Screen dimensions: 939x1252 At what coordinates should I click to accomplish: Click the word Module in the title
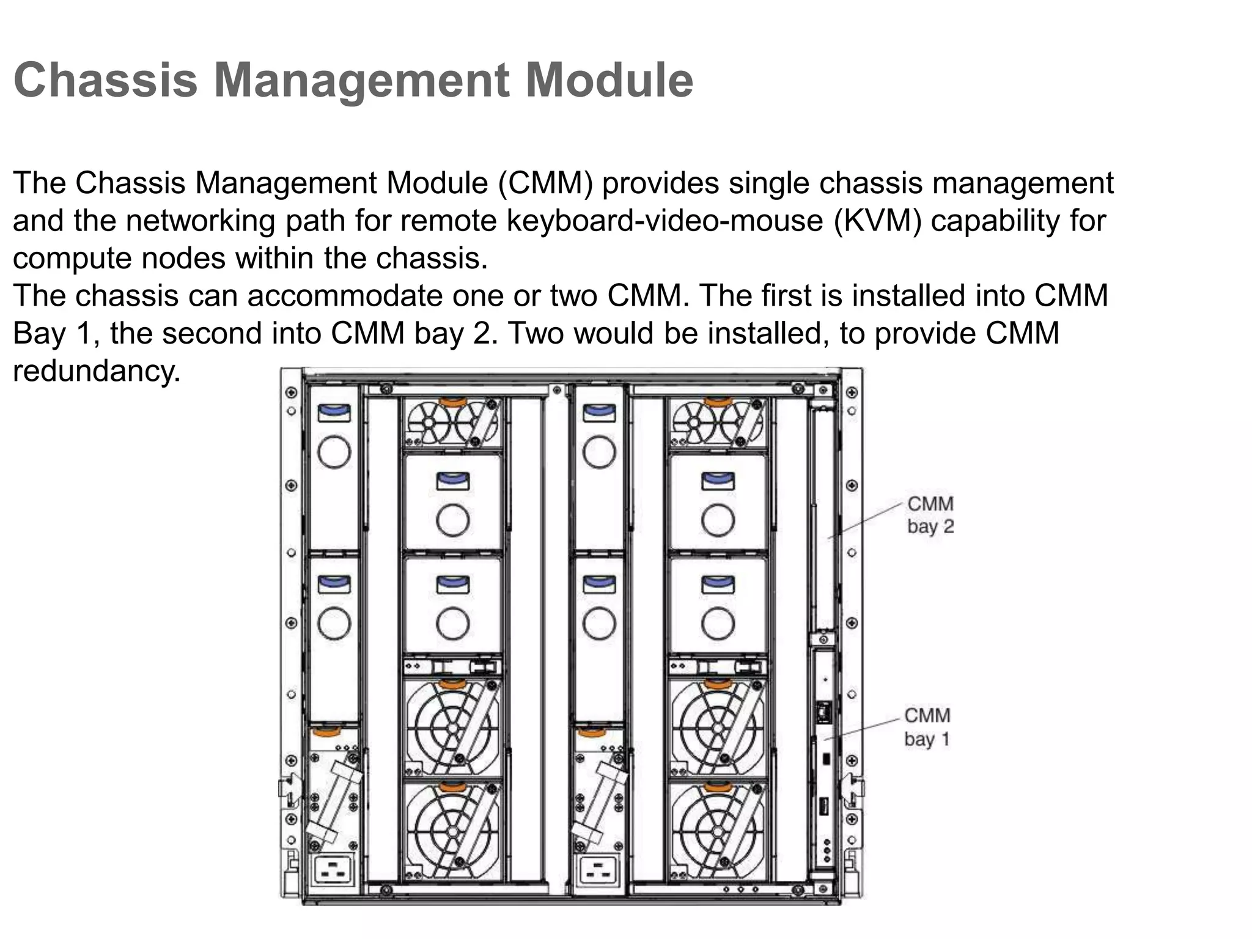609,80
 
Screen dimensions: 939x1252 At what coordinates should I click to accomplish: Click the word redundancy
97,371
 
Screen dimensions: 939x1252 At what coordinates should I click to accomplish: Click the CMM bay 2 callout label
930,515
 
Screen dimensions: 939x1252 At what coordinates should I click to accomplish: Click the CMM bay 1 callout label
927,727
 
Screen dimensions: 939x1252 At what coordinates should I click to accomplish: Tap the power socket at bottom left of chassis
333,871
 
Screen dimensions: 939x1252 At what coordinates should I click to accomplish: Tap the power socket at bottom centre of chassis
598,871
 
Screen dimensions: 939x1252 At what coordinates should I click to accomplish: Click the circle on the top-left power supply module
334,452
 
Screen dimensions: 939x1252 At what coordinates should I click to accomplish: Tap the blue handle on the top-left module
334,413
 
